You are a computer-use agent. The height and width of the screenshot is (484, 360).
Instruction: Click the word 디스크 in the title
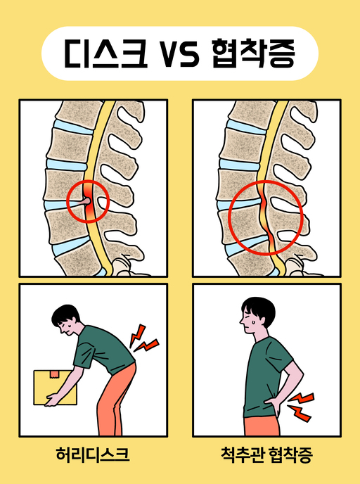pos(105,53)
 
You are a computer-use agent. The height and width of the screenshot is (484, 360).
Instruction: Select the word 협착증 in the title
pos(254,53)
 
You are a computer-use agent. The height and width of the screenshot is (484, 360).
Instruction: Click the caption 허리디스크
pos(93,454)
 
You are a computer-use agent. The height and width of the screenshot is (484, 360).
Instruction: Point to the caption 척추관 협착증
pos(267,454)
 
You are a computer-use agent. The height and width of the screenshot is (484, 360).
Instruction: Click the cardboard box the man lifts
pos(55,388)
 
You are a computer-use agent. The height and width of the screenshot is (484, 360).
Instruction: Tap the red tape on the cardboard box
pos(55,374)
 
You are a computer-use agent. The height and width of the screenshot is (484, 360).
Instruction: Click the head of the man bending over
pos(65,319)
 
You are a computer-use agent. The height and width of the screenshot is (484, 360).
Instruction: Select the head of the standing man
pos(257,315)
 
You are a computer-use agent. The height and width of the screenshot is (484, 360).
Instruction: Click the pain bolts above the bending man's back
pos(143,338)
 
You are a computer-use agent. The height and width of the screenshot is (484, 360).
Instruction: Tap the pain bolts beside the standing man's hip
pos(300,407)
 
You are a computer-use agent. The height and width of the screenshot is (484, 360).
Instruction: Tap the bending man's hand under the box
pos(53,400)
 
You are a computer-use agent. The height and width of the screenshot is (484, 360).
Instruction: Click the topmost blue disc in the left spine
pos(73,127)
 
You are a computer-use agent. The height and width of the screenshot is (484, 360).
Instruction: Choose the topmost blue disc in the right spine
pos(245,127)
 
